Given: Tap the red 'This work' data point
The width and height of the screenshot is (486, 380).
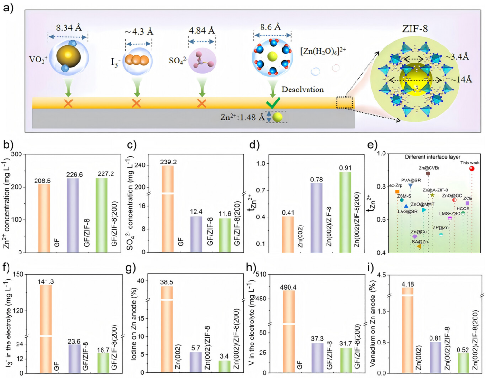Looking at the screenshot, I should (472, 169).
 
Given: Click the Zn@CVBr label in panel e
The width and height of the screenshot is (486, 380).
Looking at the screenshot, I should (429, 168).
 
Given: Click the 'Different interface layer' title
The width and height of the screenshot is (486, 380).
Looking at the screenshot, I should (433, 157).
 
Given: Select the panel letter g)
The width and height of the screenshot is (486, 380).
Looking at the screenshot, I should (143, 269).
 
